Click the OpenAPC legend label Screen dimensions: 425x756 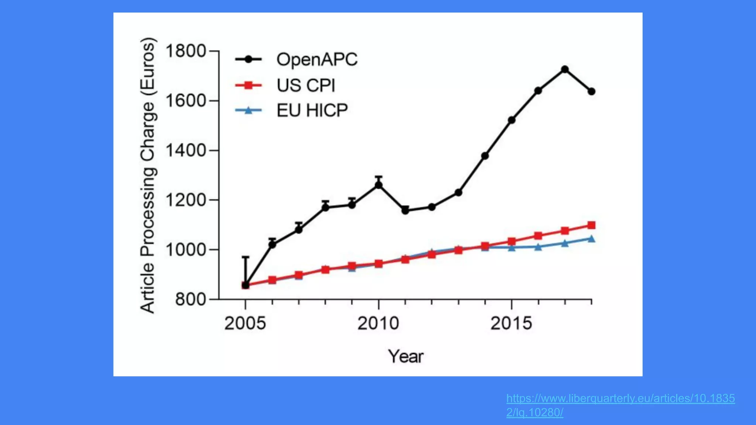pyautogui.click(x=317, y=60)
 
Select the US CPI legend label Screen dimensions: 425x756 pyautogui.click(x=306, y=86)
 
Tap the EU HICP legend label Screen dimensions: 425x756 pyautogui.click(x=312, y=110)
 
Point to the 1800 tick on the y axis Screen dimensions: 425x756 pyautogui.click(x=185, y=51)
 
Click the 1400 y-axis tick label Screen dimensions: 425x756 pyautogui.click(x=185, y=151)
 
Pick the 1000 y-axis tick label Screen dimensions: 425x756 pyautogui.click(x=185, y=250)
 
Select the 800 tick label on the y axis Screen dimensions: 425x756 pyautogui.click(x=190, y=299)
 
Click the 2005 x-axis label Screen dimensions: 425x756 pyautogui.click(x=245, y=324)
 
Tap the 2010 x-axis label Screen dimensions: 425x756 pyautogui.click(x=378, y=324)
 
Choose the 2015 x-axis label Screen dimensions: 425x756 pyautogui.click(x=511, y=324)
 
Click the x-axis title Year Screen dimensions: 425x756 pyautogui.click(x=405, y=356)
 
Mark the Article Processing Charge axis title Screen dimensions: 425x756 pyautogui.click(x=148, y=176)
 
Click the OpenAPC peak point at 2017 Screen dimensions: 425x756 pyautogui.click(x=564, y=69)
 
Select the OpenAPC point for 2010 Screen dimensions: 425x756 pyautogui.click(x=378, y=185)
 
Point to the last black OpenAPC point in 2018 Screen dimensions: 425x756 pyautogui.click(x=591, y=91)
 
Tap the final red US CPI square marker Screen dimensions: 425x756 pyautogui.click(x=591, y=225)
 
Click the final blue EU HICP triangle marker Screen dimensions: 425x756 pyautogui.click(x=591, y=239)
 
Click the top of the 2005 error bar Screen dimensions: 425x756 pyautogui.click(x=245, y=257)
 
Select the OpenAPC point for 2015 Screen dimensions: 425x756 pyautogui.click(x=512, y=120)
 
